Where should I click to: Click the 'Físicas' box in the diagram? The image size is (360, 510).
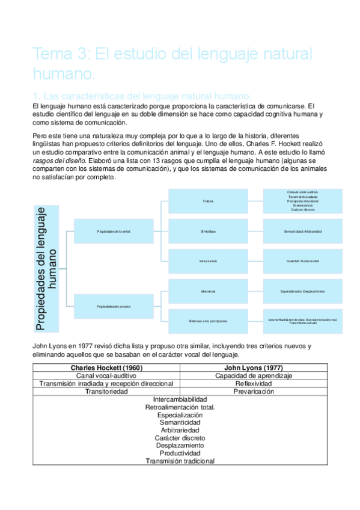coord(208,200)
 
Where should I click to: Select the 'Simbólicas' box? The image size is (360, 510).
coord(208,231)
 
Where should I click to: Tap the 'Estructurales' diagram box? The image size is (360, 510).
coord(208,261)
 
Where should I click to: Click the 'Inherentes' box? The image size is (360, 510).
coord(208,291)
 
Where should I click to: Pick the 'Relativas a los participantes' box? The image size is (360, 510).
coord(208,321)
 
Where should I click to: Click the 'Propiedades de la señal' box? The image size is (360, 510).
coord(114,231)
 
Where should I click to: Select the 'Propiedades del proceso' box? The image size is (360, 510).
coord(114,306)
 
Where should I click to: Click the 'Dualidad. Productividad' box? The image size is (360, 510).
coord(303,261)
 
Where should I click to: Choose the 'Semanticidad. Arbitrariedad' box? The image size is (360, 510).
coord(303,231)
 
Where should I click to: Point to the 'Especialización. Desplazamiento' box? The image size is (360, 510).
coord(303,291)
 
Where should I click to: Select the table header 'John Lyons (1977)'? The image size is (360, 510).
coord(254,367)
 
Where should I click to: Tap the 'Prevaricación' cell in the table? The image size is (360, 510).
coord(254,391)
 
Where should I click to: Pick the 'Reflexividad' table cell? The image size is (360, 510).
coord(254,383)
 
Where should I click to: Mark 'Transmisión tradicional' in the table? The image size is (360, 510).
coord(180,461)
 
